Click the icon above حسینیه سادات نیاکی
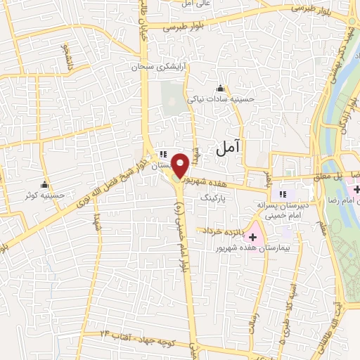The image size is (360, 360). coord(221,88)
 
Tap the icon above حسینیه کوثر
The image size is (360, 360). coord(46,184)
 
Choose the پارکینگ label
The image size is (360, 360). coord(215,200)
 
